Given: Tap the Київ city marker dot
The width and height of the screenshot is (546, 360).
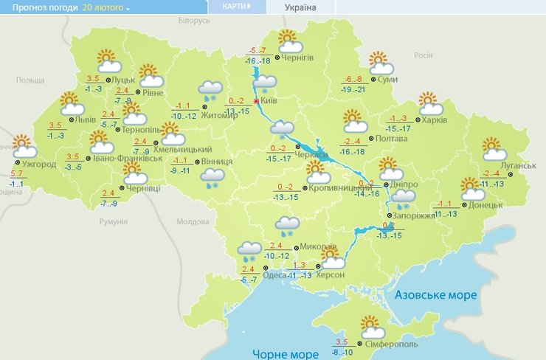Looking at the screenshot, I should [256, 101].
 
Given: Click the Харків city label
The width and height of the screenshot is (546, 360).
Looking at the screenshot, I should [436, 119].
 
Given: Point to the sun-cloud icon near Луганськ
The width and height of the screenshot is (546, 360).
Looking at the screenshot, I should [492, 149].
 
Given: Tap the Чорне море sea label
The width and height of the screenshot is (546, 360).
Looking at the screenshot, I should [285, 353].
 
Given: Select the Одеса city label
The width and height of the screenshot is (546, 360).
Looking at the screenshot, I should [274, 275].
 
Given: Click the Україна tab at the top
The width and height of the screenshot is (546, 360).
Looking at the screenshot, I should [300, 7].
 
